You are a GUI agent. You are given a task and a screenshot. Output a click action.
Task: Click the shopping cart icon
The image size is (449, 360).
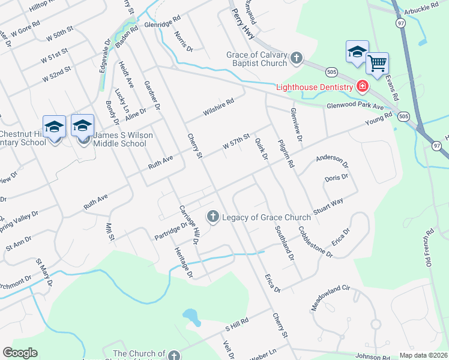[x=377, y=62]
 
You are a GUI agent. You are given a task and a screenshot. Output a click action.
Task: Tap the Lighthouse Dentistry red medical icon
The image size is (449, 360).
[x=362, y=87]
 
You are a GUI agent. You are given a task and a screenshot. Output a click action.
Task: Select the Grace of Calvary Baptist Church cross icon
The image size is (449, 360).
[x=295, y=58]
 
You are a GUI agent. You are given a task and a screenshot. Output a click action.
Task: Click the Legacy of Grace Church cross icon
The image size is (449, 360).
[x=212, y=217]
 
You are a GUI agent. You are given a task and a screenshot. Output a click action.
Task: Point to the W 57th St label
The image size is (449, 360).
[x=235, y=143]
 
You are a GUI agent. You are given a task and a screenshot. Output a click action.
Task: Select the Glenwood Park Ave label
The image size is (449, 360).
[x=355, y=106]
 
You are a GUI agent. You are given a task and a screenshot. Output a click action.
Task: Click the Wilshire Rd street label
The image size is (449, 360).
[x=217, y=107]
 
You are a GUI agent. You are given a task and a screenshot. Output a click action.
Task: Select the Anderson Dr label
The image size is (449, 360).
[x=332, y=160]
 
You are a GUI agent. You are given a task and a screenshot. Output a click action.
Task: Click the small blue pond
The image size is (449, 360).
[x=191, y=316]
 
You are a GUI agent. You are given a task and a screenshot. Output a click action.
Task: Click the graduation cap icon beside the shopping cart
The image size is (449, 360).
[x=357, y=52]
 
